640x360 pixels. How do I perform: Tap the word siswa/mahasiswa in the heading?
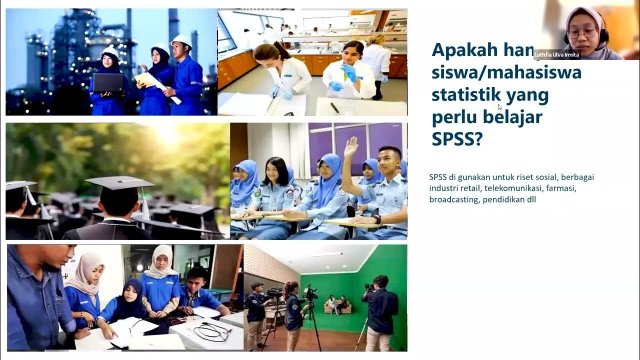506,72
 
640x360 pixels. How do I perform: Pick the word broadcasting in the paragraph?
453,199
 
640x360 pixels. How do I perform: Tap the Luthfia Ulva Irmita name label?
557,55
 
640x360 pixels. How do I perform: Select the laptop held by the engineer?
108,82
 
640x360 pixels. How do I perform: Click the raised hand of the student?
351,147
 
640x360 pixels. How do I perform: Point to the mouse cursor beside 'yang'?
499,106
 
